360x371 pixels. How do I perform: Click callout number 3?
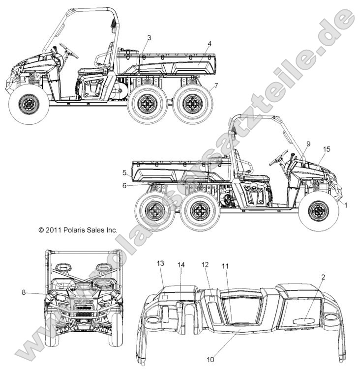(x=149, y=37)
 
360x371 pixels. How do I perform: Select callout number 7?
(x=216, y=86)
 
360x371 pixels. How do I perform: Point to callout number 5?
(x=125, y=172)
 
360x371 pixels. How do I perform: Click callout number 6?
(x=125, y=185)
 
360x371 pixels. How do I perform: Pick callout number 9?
(x=308, y=143)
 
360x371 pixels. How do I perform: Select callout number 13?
(x=160, y=264)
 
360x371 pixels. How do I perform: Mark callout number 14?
(x=181, y=265)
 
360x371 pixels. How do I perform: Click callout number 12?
(x=206, y=264)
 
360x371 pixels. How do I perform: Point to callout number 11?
(x=225, y=266)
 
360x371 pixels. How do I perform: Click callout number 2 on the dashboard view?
(x=323, y=277)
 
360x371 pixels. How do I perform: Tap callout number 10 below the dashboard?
(x=210, y=359)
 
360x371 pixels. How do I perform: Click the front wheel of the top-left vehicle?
(x=29, y=104)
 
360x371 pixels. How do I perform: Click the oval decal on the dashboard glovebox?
(x=304, y=320)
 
